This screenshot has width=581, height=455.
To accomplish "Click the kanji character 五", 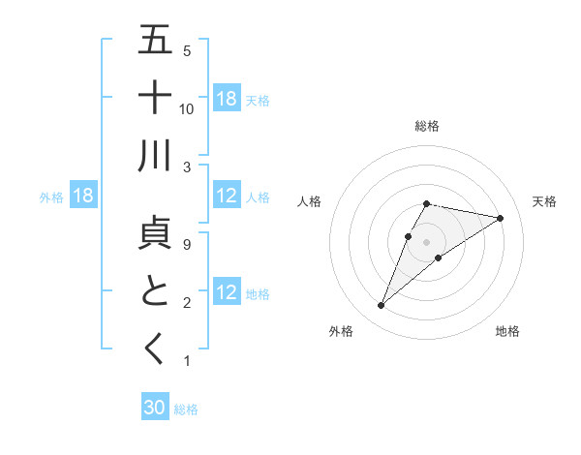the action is (x=155, y=40).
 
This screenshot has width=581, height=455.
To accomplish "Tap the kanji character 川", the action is (x=155, y=156).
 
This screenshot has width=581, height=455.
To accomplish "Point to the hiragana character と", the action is (x=155, y=291).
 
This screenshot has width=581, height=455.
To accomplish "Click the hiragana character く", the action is (x=155, y=349).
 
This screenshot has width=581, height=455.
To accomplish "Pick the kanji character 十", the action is (x=155, y=98).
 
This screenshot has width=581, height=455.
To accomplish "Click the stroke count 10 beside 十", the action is (x=187, y=108).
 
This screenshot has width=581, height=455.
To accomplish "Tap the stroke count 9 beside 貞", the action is (x=187, y=244).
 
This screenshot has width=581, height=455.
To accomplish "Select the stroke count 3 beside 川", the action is (x=187, y=167).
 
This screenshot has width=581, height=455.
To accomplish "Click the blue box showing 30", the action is (x=155, y=408).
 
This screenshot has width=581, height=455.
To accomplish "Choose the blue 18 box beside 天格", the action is (x=227, y=99).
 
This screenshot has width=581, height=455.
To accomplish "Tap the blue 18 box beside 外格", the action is (x=83, y=197).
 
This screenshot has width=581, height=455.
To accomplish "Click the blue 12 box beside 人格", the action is (x=227, y=197).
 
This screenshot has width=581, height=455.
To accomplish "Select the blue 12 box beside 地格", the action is (x=227, y=293).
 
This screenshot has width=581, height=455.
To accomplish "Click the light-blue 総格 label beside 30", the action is (x=186, y=409).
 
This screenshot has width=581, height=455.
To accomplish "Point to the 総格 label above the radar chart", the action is (x=426, y=126).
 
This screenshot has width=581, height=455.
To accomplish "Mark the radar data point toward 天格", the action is (x=500, y=218).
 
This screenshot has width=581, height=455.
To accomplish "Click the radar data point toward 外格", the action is (x=381, y=306).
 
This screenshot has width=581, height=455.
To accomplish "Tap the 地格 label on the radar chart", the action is (x=507, y=331).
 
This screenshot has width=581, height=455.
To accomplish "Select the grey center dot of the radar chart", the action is (x=426, y=241).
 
